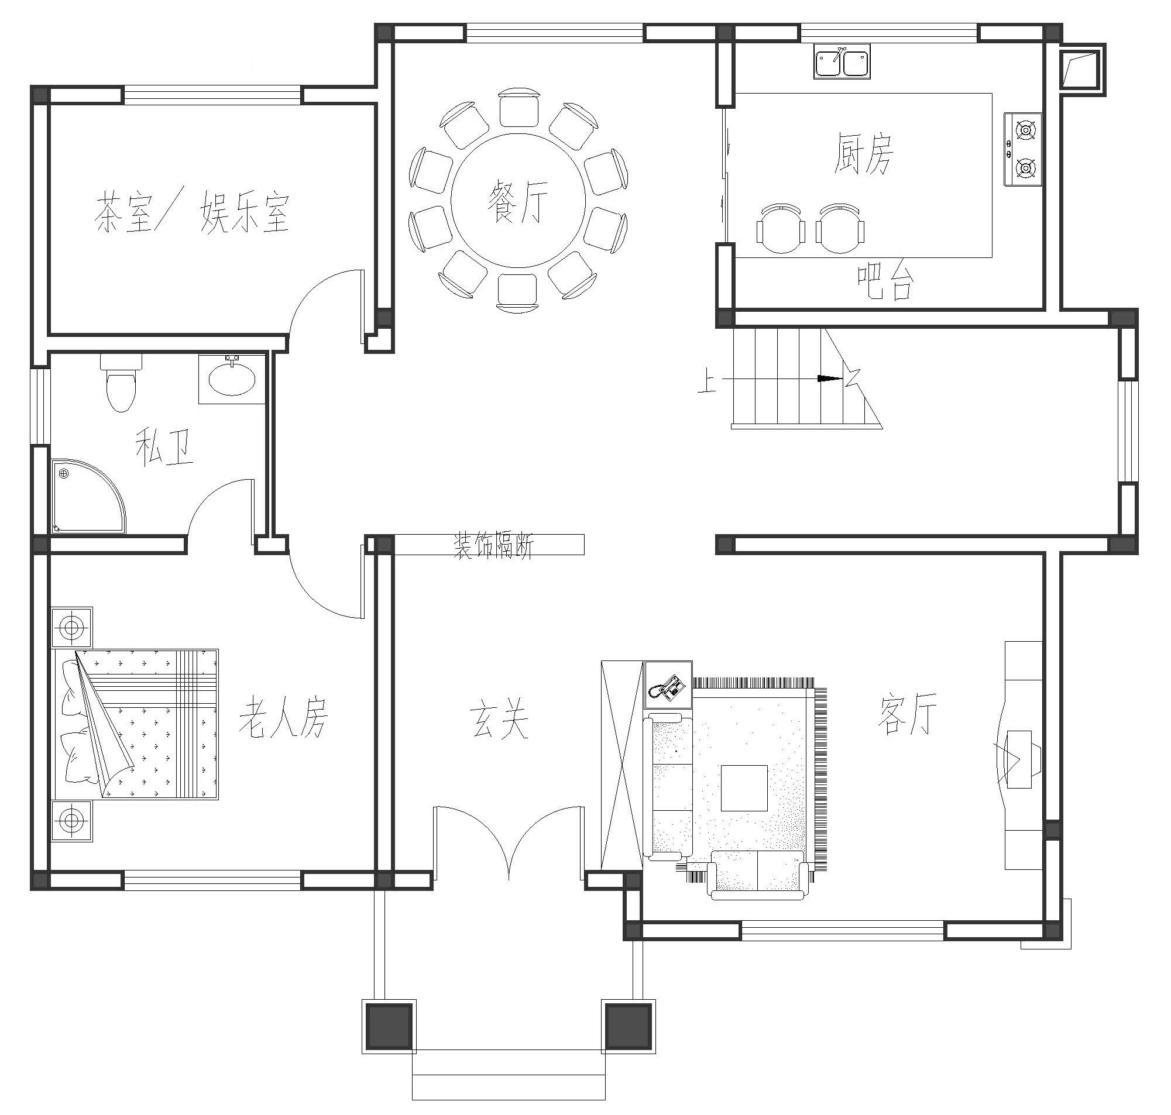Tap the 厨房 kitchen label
point(863,153)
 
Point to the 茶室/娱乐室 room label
point(192,212)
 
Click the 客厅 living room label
point(907,713)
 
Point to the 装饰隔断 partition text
point(494,545)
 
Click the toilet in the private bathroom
point(121,381)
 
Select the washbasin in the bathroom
point(232,378)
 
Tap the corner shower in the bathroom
point(88,495)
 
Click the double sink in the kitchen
point(842,62)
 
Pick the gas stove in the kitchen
point(1023,149)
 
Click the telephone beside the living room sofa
point(668,684)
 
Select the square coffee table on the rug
point(744,787)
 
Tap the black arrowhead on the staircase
point(830,378)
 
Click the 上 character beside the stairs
point(707,381)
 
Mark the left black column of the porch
point(389,1027)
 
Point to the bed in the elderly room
point(136,724)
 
